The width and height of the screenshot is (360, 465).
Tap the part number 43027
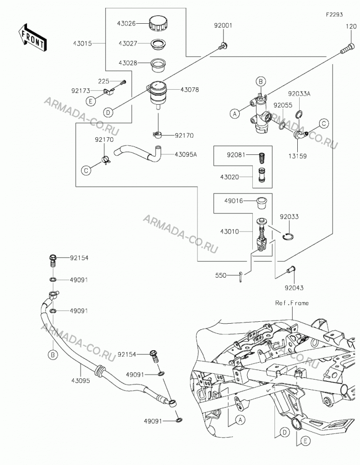pos(128,43)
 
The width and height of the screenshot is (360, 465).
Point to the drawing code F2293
pos(334,14)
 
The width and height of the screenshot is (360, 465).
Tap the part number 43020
pos(229,177)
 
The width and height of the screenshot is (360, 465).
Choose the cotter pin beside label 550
pos(241,277)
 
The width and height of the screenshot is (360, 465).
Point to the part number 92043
pos(294,288)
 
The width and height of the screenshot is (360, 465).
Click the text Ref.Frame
pos(292,303)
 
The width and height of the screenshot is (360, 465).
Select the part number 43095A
pos(186,154)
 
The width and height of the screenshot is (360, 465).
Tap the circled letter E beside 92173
pos(91,101)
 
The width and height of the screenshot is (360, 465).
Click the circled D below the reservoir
pos(108,113)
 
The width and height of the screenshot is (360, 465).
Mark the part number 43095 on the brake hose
pos(80,380)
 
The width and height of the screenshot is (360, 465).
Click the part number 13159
pos(298,156)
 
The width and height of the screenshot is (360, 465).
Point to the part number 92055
pos(283,105)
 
